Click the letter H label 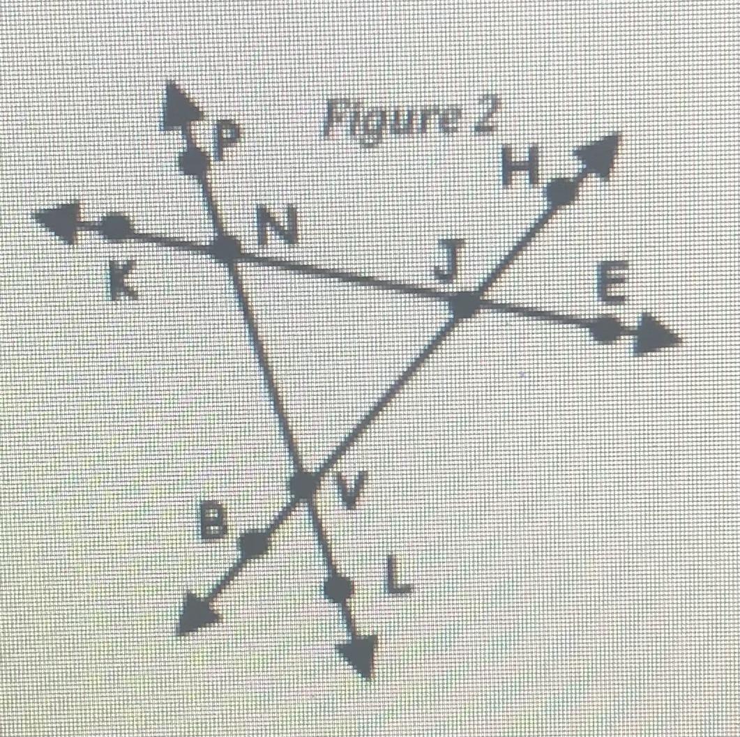point(518,165)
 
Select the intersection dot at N point(225,248)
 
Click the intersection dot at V point(304,483)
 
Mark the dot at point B point(255,542)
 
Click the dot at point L point(338,589)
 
